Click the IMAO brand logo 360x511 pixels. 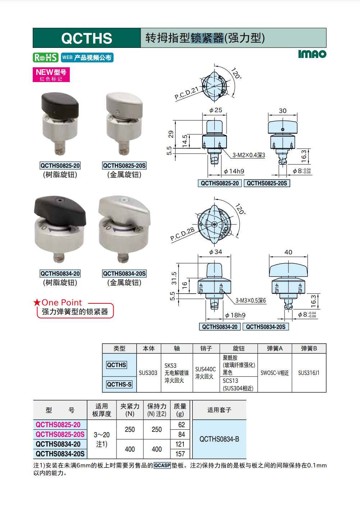click(312, 54)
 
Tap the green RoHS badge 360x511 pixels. click(46, 57)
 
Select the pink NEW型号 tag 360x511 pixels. click(51, 74)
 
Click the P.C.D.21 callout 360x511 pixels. click(187, 93)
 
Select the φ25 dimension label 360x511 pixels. click(215, 110)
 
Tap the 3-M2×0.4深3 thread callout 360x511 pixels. click(249, 155)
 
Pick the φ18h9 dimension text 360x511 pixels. click(235, 315)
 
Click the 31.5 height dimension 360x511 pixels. click(174, 278)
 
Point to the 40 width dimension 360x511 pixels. click(288, 252)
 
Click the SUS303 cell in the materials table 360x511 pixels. click(148, 373)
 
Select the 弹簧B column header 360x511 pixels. click(309, 348)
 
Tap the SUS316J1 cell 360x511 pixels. click(309, 373)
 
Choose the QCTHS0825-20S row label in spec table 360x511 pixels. click(60, 434)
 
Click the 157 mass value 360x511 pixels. click(180, 454)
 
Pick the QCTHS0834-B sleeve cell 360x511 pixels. click(219, 439)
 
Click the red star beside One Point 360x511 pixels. click(37, 303)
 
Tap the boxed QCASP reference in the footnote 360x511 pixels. click(162, 465)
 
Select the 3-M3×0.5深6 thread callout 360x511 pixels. click(251, 300)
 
